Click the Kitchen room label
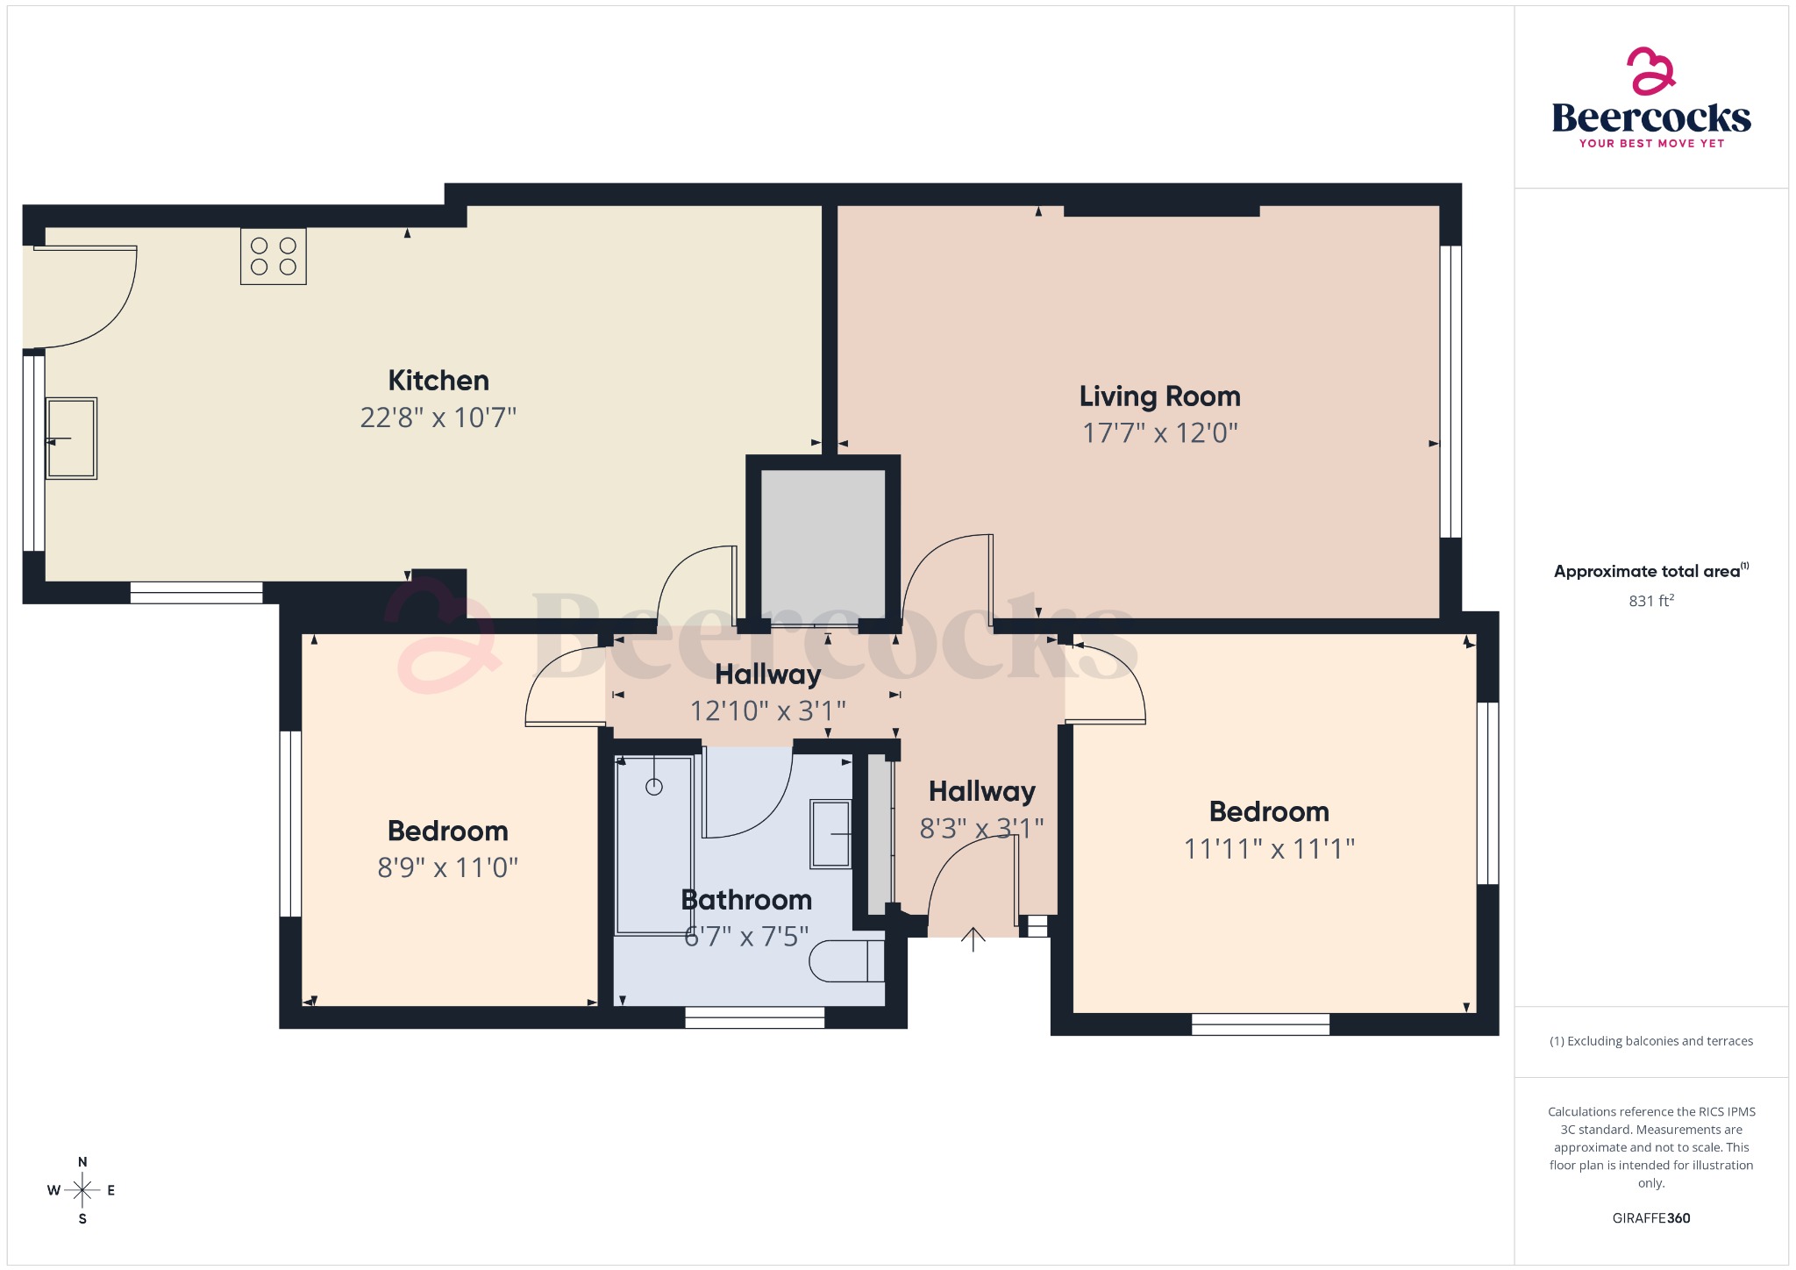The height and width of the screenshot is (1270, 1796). pos(438,381)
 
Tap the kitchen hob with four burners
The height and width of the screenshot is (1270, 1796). pos(274,256)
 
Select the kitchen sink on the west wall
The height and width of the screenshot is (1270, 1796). pos(71,439)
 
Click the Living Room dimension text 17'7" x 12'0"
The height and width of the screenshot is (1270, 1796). pos(1159,433)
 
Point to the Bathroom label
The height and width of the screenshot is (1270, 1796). pos(746,900)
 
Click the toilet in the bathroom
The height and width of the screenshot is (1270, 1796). pos(845,961)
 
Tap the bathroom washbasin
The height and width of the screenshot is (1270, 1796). pos(830,834)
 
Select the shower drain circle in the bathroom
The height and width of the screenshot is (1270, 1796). pos(654,787)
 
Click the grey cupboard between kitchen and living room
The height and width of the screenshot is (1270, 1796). pos(823,544)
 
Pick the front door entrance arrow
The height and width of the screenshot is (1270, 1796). pos(973,939)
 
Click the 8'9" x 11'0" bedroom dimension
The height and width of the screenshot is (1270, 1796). pos(447,868)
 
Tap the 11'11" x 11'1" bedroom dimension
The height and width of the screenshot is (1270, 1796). pos(1269,849)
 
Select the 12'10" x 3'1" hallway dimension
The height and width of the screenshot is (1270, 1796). pos(767,710)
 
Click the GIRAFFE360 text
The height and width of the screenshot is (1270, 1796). pos(1650,1218)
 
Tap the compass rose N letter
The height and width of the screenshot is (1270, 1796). pos(82,1162)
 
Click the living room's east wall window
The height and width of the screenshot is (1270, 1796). pos(1450,391)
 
